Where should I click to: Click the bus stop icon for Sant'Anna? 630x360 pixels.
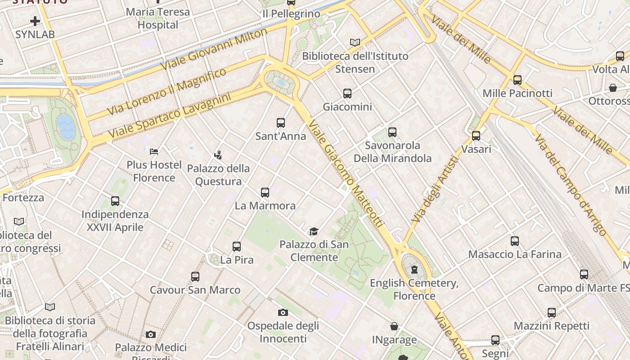tap(281, 122)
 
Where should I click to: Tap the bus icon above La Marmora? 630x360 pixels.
tap(265, 193)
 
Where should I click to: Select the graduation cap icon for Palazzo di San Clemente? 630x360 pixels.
tap(314, 232)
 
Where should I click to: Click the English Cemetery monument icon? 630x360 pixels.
tap(414, 270)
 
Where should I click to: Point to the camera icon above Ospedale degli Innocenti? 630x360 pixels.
tap(283, 312)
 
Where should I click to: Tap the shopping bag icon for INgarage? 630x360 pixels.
tap(394, 326)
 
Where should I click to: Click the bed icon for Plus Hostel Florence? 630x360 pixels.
tap(154, 152)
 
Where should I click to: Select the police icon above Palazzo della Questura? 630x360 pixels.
tap(218, 156)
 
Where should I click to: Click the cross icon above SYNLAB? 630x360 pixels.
tap(35, 21)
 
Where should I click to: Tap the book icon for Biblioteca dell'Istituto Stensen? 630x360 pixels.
tap(355, 42)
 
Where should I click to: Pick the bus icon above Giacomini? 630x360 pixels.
tap(347, 94)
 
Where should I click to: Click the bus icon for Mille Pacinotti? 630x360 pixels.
tap(517, 80)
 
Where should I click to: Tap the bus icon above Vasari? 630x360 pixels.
tap(476, 135)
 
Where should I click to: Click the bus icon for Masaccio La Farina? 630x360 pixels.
tap(515, 241)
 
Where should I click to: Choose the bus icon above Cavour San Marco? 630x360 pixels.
tap(195, 277)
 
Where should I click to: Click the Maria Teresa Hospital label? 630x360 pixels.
tap(158, 18)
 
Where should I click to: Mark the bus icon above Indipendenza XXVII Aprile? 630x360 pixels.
tap(115, 201)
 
